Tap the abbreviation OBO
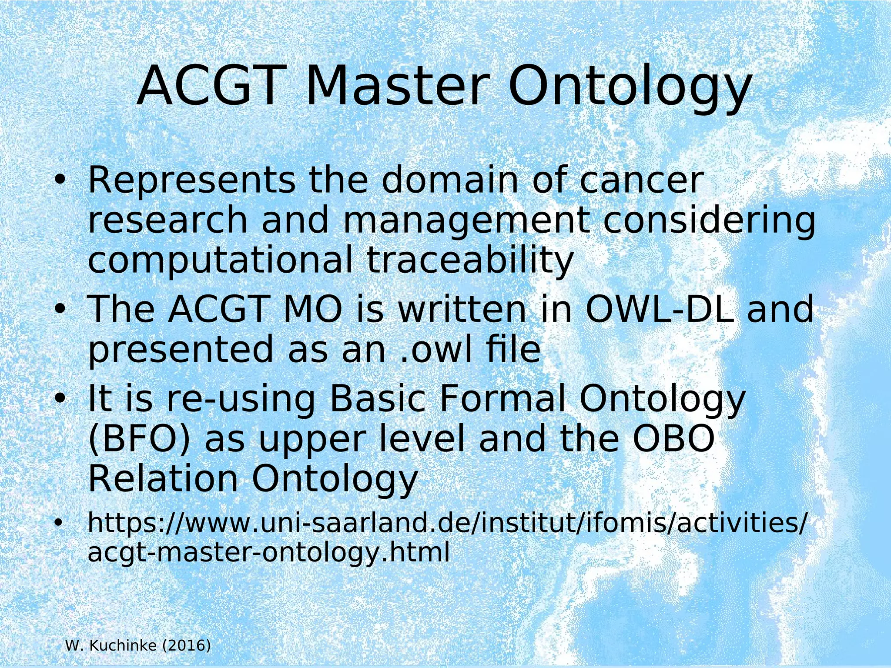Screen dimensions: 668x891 673,439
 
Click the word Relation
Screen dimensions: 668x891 163,479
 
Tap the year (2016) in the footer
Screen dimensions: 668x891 186,646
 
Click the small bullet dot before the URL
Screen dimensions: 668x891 57,524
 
